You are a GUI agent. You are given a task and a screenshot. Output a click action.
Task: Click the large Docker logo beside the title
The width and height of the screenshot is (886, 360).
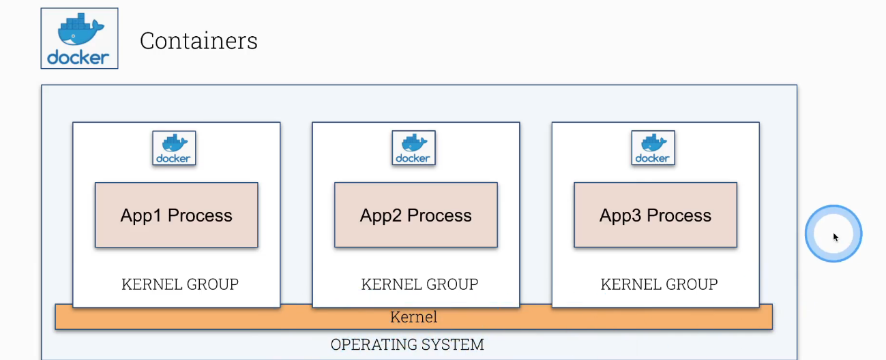pos(79,39)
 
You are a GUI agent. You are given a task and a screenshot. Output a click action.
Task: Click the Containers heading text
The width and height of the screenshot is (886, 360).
pos(198,41)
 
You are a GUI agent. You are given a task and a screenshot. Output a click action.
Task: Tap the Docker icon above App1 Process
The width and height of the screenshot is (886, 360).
pos(174,148)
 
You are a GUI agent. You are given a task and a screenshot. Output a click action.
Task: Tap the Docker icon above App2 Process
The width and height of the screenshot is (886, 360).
pos(413,148)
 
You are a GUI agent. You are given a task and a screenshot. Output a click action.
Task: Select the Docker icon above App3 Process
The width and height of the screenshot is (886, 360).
pos(653,148)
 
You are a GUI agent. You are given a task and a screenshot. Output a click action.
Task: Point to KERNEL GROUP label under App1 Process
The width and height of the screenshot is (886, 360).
pos(180,284)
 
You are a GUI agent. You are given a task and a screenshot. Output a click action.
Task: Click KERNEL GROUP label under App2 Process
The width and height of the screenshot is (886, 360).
pos(419,284)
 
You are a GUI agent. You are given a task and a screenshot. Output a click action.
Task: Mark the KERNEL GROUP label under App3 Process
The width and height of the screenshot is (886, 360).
pos(659,284)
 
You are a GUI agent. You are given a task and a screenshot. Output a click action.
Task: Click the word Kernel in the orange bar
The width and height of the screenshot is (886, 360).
pos(413,317)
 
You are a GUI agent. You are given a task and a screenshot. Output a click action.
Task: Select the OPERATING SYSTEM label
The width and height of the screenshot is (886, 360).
pos(407,345)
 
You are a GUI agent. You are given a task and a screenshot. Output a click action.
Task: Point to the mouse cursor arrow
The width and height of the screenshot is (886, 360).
pos(836,237)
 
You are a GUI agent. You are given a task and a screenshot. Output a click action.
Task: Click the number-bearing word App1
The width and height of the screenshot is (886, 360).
pos(142,216)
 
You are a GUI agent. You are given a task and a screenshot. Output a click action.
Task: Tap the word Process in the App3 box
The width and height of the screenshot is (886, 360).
pos(679,216)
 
